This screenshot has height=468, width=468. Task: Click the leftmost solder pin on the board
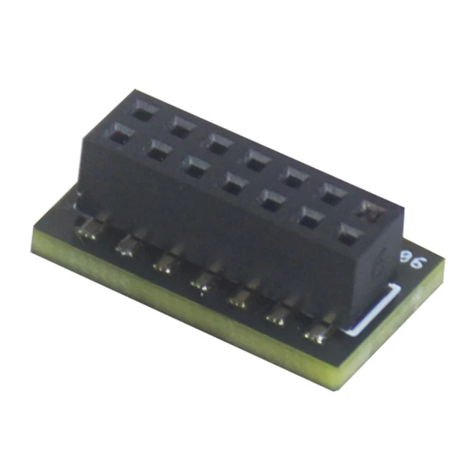tap(92, 233)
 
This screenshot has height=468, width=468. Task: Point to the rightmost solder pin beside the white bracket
tap(319, 333)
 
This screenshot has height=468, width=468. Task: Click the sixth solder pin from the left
tap(280, 314)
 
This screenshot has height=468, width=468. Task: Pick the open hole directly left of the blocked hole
tap(333, 194)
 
